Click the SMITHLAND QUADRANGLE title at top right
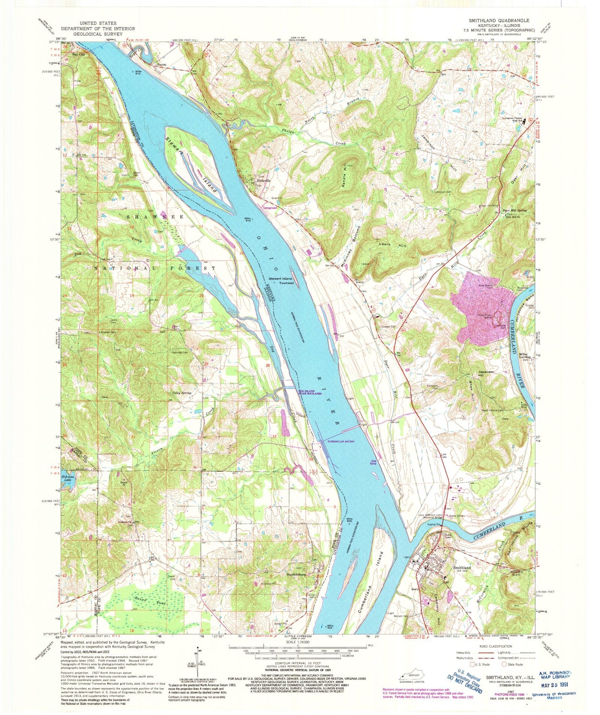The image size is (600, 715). tap(493, 20)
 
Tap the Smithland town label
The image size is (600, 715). tap(462, 567)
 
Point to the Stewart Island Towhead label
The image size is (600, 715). tap(281, 281)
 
